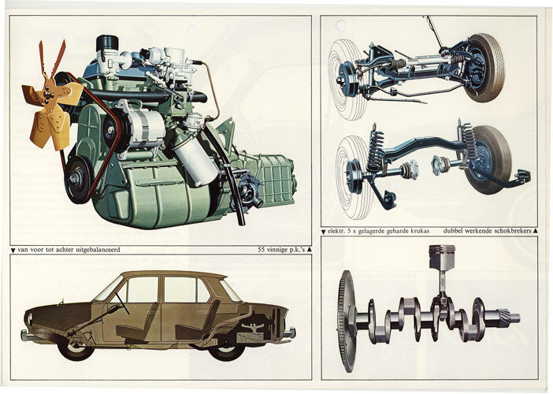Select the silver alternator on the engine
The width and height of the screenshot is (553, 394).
coord(145,128)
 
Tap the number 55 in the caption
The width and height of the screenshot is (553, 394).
coord(262,250)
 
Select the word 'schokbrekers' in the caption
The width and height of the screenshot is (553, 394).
coord(513,232)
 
